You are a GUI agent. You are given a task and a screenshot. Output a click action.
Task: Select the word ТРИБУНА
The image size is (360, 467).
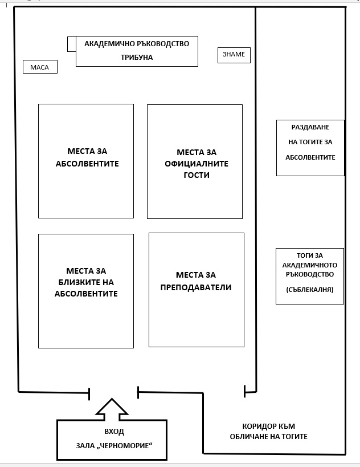tap(137, 57)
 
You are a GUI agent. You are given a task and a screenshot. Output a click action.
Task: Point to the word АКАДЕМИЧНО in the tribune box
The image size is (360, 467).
tap(109, 43)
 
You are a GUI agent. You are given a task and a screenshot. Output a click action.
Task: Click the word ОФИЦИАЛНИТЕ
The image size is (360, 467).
tap(197, 164)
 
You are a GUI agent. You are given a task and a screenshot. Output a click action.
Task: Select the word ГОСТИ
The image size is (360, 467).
tap(197, 175)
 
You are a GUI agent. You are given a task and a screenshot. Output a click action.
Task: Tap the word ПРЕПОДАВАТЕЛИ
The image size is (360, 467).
tap(196, 287)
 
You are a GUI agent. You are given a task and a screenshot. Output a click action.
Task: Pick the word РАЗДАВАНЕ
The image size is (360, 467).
tap(310, 127)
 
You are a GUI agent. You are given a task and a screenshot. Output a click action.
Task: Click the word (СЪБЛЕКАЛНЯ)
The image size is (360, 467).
tap(310, 290)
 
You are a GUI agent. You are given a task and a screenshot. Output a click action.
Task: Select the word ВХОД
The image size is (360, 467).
tap(114, 432)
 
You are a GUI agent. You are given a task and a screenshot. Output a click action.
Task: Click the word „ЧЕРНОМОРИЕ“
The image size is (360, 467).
tap(125, 445)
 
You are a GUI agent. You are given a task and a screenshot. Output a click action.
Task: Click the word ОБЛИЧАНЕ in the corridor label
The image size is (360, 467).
tap(248, 437)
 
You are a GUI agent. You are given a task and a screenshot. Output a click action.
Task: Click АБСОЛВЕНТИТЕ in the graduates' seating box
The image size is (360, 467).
tap(87, 164)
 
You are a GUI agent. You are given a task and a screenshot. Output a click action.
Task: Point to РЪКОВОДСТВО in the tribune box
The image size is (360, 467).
tap(163, 43)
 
